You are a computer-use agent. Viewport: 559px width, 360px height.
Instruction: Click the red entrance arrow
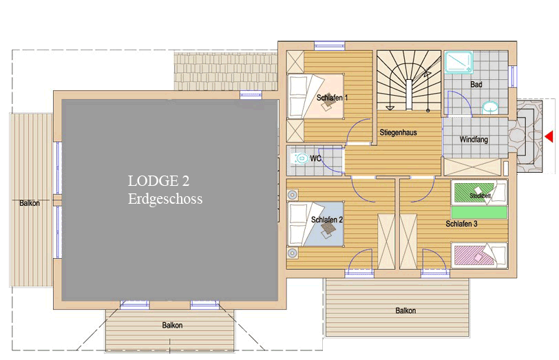tap(549, 136)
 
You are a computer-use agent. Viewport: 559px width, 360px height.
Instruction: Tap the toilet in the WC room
tap(300, 158)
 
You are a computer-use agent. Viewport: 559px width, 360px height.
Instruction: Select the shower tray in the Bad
tap(459, 63)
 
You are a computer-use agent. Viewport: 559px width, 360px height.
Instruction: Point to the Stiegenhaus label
tap(398, 133)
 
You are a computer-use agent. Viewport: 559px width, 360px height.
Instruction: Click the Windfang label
tap(474, 139)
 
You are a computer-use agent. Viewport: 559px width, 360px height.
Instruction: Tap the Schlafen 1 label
tap(332, 98)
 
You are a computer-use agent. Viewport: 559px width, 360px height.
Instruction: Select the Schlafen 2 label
tap(326, 220)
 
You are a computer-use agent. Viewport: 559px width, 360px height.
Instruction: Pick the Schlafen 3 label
tap(461, 224)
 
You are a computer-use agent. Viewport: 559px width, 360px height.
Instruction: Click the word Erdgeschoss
tap(165, 198)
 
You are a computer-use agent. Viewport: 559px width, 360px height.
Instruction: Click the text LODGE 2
tap(158, 181)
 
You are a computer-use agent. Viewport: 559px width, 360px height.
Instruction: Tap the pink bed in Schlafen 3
tap(478, 255)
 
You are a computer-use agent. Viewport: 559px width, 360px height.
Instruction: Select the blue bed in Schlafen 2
tap(315, 224)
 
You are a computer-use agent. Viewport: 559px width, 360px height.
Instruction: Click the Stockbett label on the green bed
tap(481, 195)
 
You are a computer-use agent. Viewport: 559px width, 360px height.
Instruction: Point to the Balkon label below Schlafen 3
tap(405, 310)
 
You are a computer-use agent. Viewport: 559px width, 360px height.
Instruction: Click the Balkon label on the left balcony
tap(30, 203)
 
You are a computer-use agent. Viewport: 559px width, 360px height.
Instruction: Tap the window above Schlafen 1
tap(329, 46)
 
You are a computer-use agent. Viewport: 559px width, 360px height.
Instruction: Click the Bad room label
tap(476, 85)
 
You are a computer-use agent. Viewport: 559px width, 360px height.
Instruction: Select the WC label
tap(315, 158)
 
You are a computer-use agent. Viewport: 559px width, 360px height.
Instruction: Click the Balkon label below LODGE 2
tap(172, 325)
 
